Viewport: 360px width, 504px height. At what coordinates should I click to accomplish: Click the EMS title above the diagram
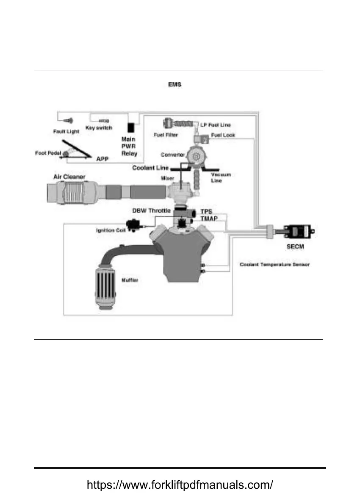pyautogui.click(x=174, y=85)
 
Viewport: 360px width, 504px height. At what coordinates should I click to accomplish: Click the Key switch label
pyautogui.click(x=99, y=128)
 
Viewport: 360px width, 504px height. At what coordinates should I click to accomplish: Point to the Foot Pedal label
pyautogui.click(x=48, y=153)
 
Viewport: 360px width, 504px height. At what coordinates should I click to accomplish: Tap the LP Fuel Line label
pyautogui.click(x=216, y=125)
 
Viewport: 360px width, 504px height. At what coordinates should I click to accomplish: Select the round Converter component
pyautogui.click(x=196, y=157)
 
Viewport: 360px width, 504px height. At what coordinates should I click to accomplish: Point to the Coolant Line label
pyautogui.click(x=150, y=168)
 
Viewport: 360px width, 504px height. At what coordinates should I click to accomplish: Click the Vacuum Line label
pyautogui.click(x=220, y=177)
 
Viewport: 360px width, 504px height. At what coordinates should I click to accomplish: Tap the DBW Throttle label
pyautogui.click(x=152, y=210)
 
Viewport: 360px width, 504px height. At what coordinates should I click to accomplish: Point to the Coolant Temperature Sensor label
pyautogui.click(x=274, y=265)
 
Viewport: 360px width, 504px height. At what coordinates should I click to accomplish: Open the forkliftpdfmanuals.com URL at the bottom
pyautogui.click(x=180, y=485)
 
